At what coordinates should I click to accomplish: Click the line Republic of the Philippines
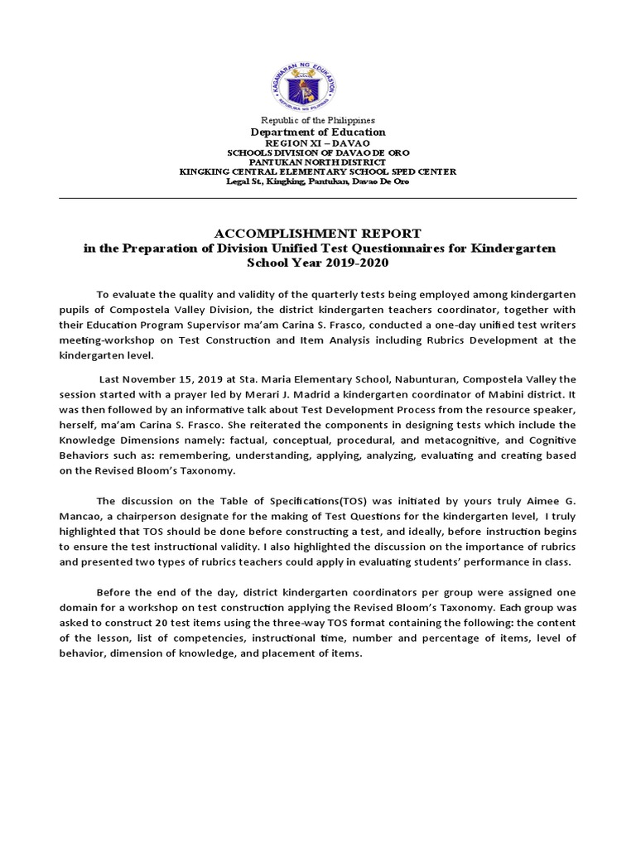318,121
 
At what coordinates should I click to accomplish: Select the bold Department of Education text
318,132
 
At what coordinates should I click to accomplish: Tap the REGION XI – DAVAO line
318,143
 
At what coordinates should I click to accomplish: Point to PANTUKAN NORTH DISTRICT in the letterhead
318,162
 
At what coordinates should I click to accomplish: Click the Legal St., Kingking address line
318,181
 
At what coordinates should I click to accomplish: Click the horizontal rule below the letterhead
318,198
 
